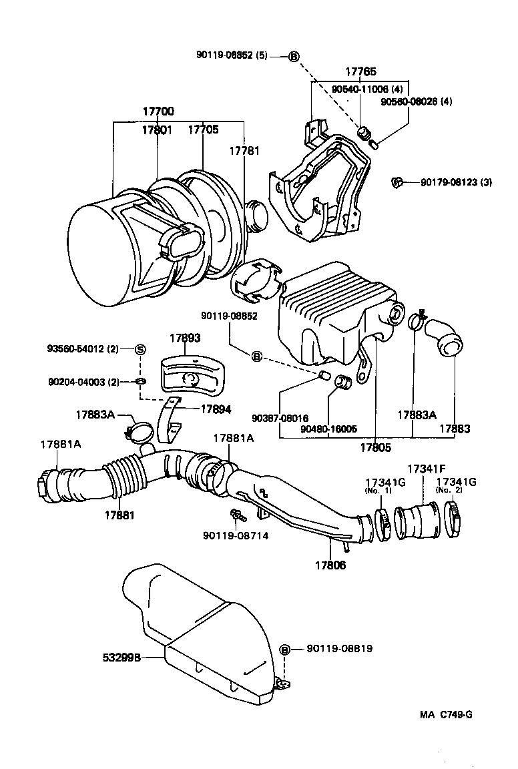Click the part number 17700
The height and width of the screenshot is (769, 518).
[x=158, y=110]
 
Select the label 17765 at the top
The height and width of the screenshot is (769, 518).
[x=360, y=71]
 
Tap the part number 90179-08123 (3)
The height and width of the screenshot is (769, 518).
[x=456, y=182]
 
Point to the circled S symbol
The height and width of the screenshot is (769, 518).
[x=141, y=349]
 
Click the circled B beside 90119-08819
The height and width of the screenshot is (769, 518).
[x=284, y=649]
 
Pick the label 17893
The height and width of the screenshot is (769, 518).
[x=184, y=338]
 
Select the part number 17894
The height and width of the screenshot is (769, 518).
[x=215, y=409]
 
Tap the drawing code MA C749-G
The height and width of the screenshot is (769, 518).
[x=447, y=714]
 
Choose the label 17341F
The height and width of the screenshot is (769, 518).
[x=426, y=469]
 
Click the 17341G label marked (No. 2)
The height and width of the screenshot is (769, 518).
[x=457, y=481]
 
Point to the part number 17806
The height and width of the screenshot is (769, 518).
[x=330, y=565]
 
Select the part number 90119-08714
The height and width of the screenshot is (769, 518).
[x=236, y=535]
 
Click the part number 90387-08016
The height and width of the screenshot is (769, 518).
[x=280, y=418]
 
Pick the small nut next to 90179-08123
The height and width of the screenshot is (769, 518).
[x=395, y=182]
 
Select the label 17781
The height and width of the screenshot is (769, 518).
[x=244, y=151]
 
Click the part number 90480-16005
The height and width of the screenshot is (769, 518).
[x=329, y=429]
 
